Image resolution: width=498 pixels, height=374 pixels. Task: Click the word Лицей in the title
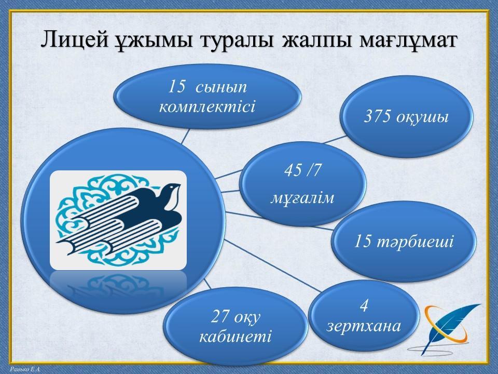76,40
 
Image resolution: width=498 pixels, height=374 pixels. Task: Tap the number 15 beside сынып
176,86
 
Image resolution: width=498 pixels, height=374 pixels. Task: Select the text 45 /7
302,170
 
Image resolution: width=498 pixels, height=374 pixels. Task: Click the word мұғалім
302,198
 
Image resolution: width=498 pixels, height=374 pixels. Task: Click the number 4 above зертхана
364,305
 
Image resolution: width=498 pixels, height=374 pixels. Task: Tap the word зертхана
364,326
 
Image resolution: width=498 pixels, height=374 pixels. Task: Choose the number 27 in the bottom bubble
219,317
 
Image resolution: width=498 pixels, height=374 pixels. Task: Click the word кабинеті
236,337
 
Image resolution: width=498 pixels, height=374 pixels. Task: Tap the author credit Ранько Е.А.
25,369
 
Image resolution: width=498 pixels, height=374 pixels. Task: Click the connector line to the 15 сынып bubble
186,136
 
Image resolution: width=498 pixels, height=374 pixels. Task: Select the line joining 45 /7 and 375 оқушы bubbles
336,140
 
